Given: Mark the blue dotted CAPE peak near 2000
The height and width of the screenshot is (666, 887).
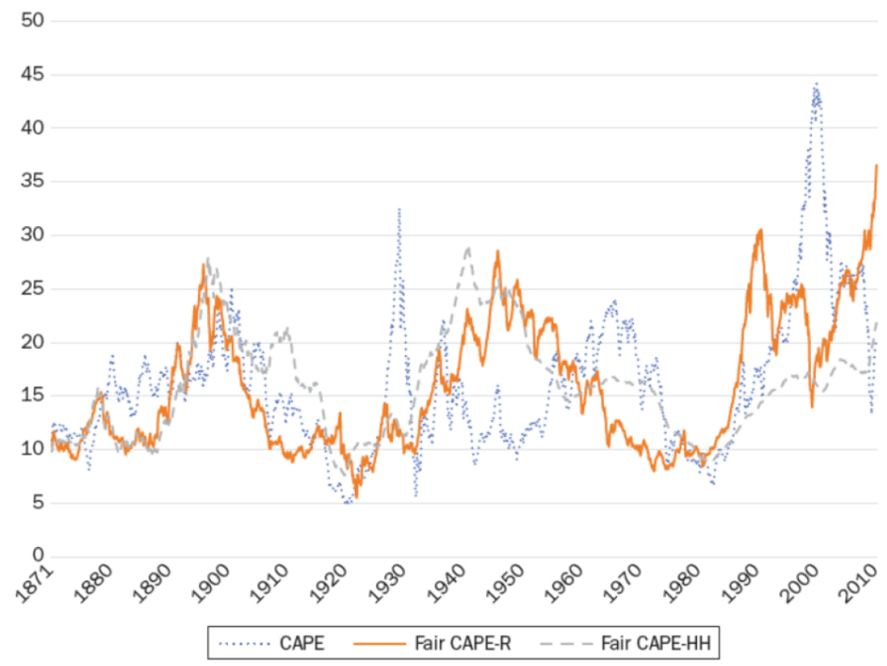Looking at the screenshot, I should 816,84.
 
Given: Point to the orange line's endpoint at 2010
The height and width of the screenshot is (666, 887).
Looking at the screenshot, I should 877,165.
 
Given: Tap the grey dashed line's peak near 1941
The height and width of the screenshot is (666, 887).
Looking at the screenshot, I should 467,248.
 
